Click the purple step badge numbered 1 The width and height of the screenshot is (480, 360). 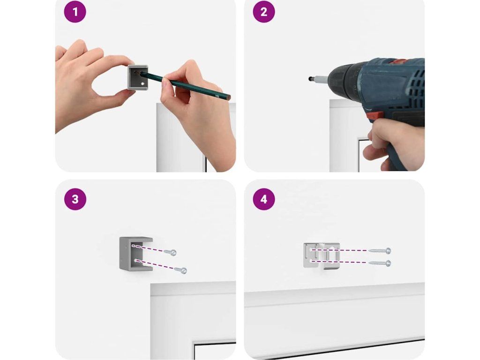click(75, 12)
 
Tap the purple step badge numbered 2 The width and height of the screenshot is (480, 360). click(264, 12)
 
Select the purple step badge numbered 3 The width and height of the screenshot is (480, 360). click(75, 199)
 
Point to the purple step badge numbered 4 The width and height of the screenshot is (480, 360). click(264, 199)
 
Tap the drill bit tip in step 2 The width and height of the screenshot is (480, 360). click(310, 79)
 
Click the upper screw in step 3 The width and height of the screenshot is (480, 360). click(170, 252)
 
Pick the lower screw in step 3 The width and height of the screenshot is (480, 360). click(180, 270)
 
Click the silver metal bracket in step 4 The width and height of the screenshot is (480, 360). click(322, 255)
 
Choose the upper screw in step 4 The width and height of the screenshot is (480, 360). click(380, 251)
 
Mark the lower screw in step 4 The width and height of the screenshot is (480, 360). click(380, 263)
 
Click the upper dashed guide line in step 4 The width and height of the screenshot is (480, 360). click(339, 250)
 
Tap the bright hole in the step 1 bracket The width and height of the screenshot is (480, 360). click(142, 83)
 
